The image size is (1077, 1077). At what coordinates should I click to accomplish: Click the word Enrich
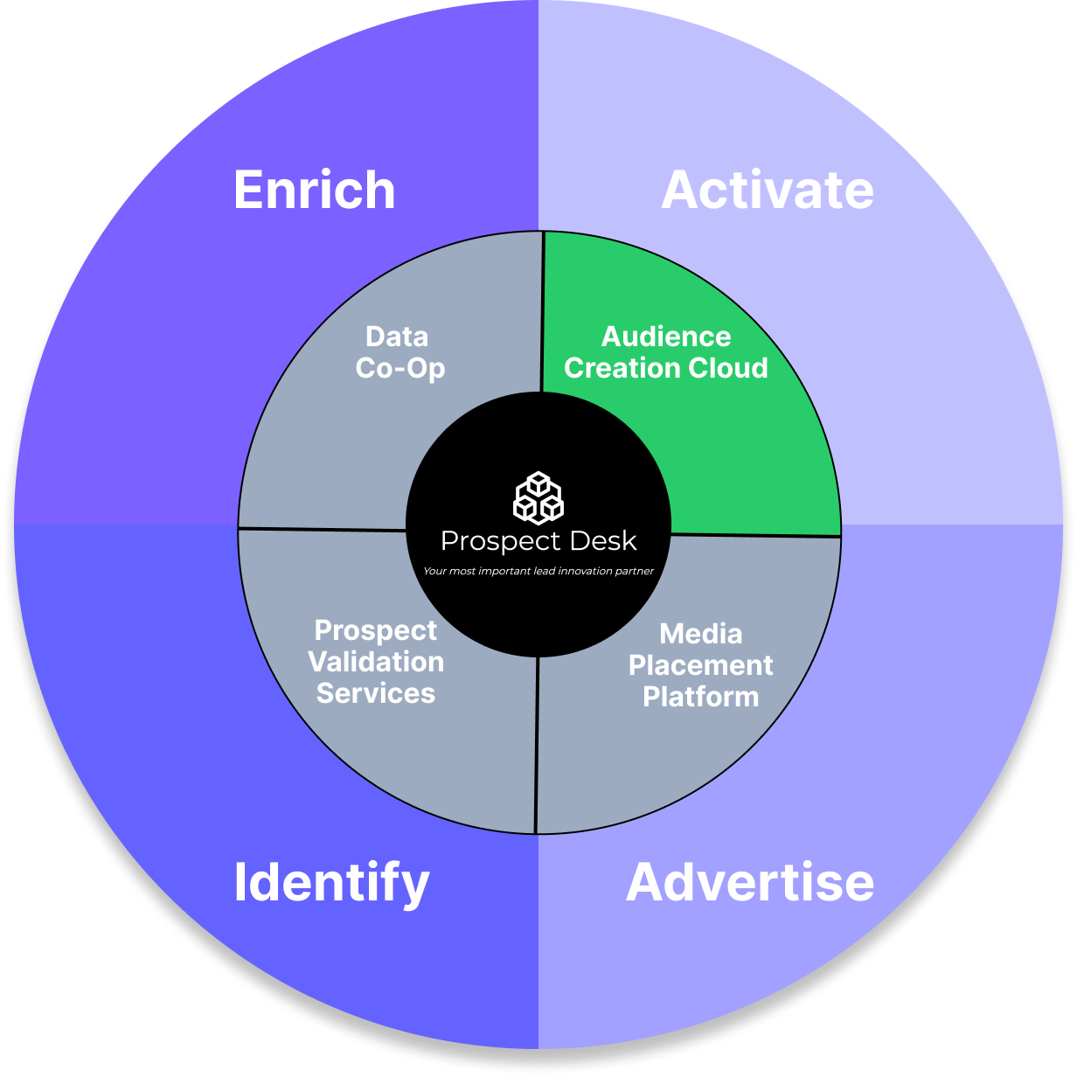[314, 191]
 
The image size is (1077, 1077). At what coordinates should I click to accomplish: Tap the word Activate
[768, 191]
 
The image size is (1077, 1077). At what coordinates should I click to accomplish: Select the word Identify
[331, 883]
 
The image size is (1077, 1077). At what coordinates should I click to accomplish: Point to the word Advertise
[750, 882]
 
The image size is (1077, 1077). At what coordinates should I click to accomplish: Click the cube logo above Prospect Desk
[538, 497]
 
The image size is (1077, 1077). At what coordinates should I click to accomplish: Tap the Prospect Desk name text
[538, 541]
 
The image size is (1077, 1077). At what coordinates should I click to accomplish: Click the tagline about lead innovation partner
[538, 571]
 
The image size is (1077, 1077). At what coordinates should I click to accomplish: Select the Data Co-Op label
[400, 352]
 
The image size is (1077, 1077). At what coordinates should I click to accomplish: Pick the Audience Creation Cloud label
[666, 352]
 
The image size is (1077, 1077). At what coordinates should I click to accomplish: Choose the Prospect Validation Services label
[376, 662]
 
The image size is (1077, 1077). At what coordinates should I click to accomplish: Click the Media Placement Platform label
[701, 665]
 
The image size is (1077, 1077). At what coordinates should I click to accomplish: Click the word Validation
[376, 662]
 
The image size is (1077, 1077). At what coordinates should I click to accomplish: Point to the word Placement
[701, 665]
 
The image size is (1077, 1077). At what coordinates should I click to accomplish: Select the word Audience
[666, 337]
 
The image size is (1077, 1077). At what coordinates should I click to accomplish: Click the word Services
[376, 693]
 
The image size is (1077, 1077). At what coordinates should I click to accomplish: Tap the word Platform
[701, 697]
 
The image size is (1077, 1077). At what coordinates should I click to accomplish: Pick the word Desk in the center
[601, 541]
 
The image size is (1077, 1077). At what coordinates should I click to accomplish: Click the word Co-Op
[400, 368]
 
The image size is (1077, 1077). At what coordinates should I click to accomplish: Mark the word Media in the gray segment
[701, 634]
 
